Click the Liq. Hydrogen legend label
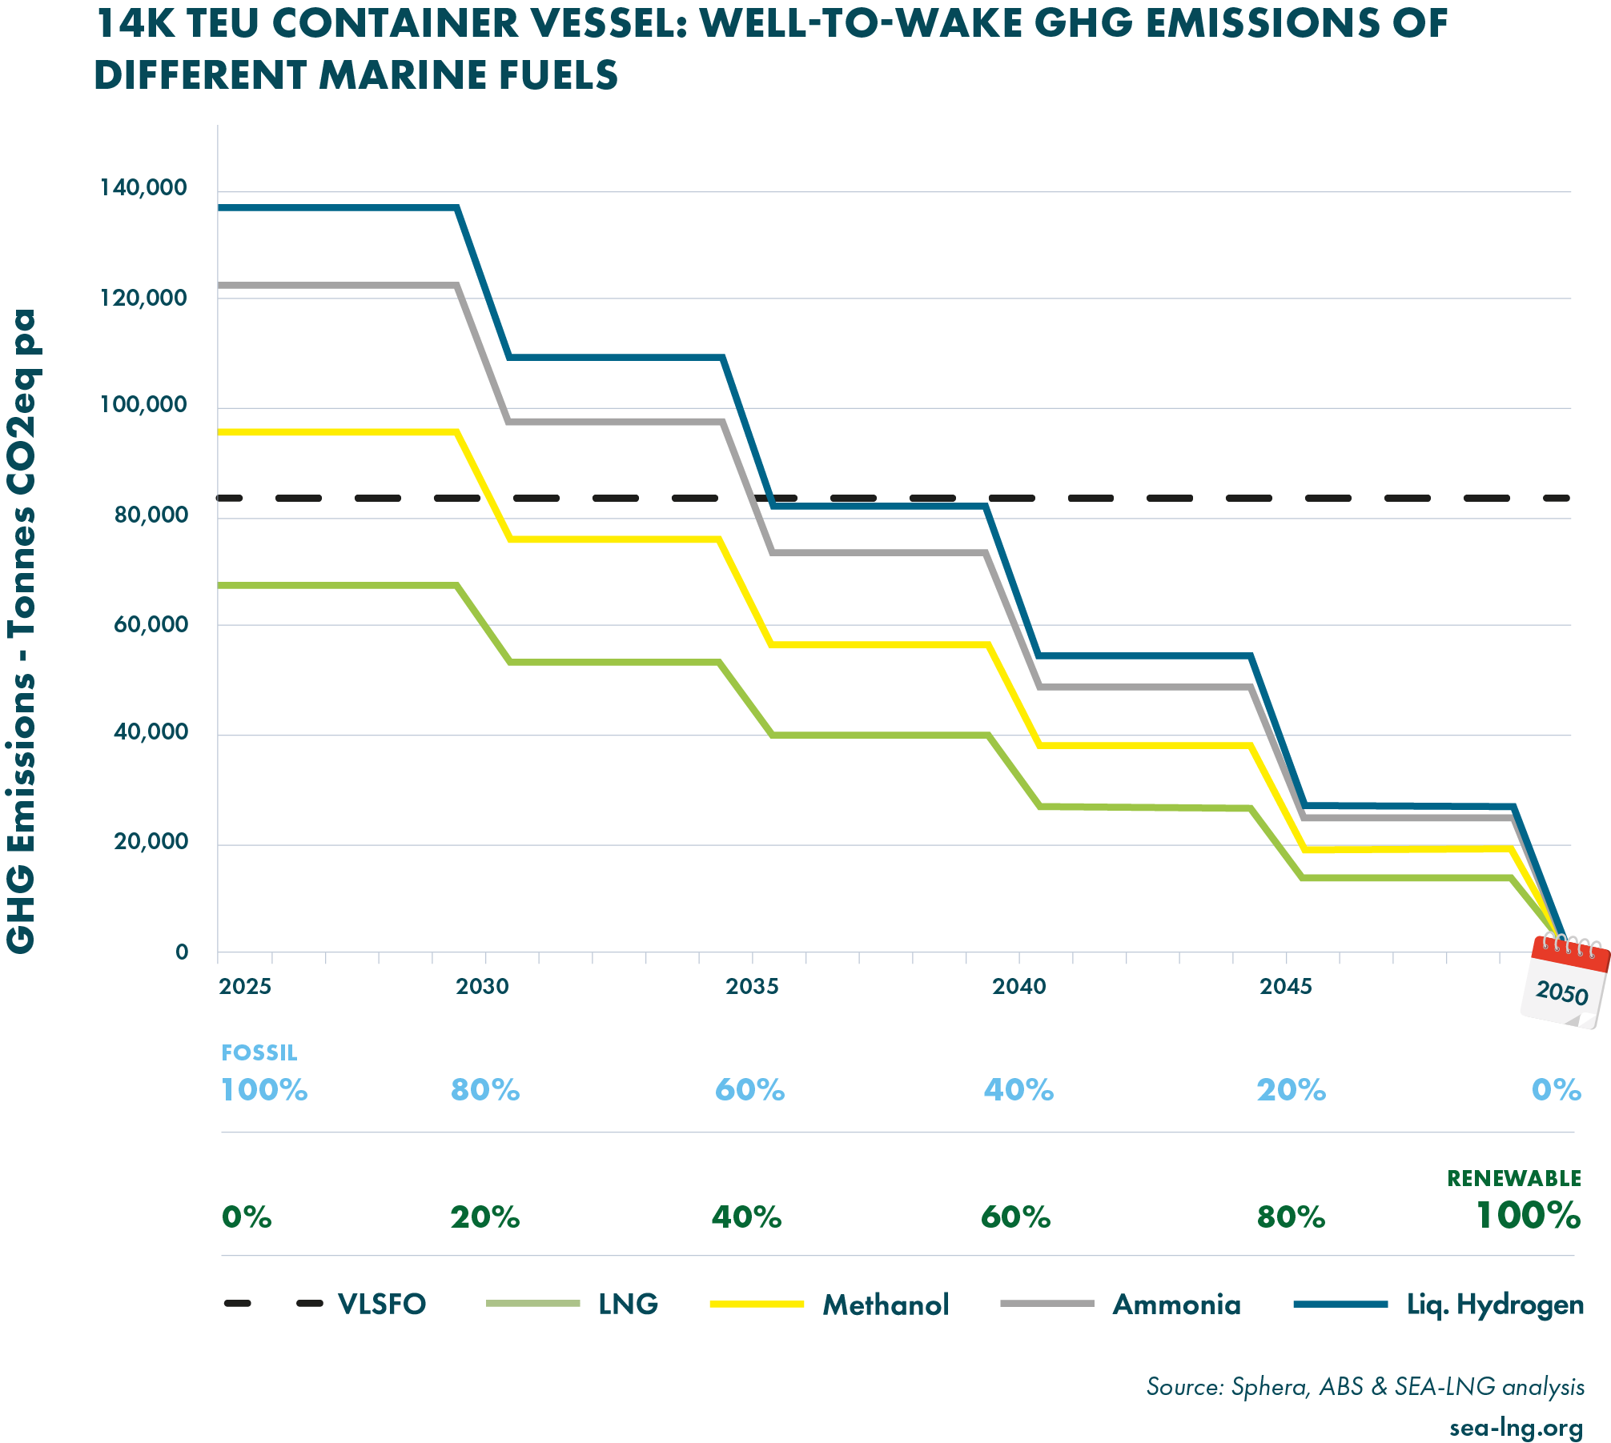1495,1305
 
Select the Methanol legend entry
886,1305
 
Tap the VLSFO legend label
382,1304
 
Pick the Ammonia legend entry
1176,1305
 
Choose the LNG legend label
628,1304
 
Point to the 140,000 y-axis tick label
143,188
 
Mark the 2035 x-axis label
752,987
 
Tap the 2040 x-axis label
1019,987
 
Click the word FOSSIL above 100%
259,1053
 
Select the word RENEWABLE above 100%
1513,1179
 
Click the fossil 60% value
749,1090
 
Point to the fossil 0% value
1557,1090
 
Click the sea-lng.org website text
1516,1428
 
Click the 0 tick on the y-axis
182,952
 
